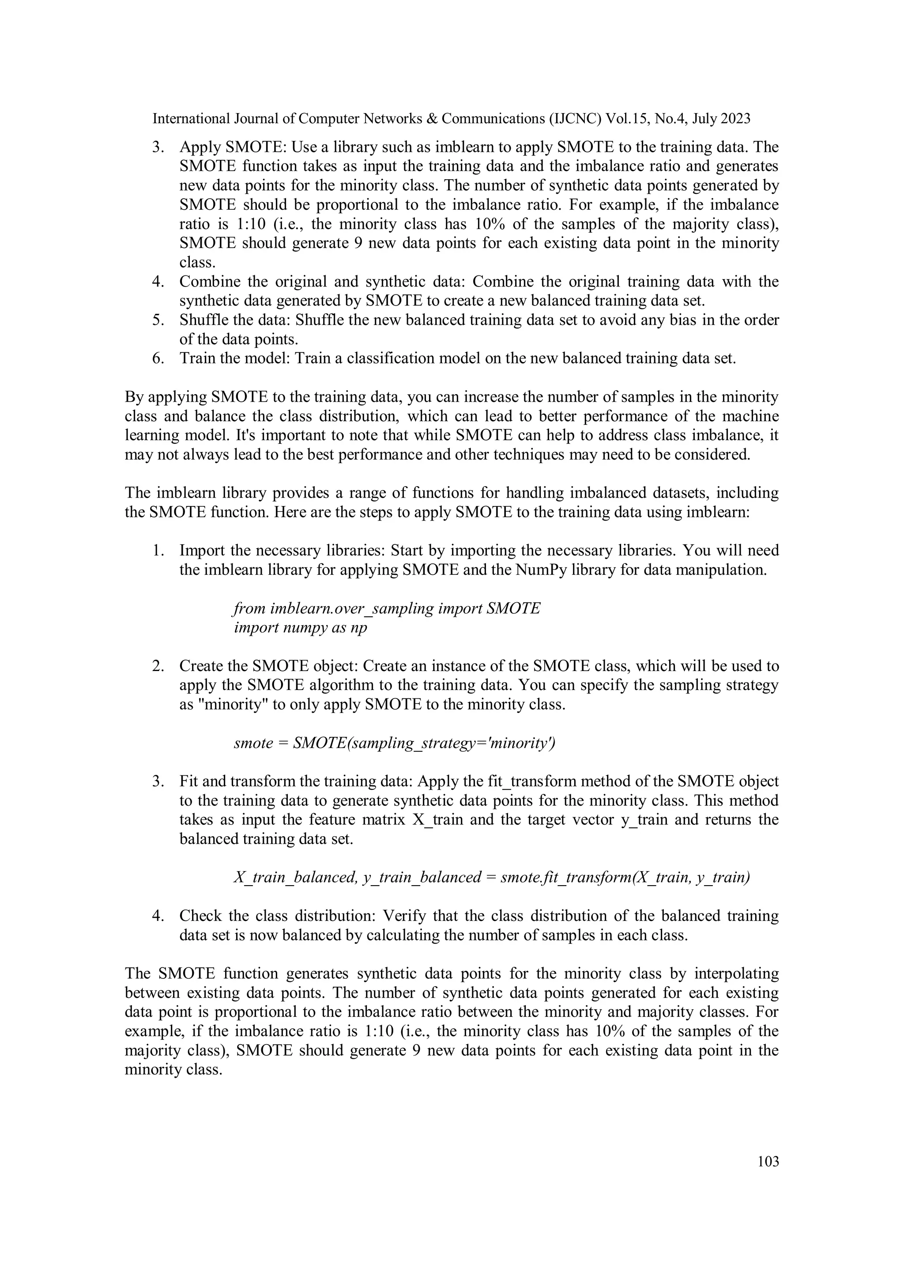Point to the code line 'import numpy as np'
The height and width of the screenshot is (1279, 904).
[300, 628]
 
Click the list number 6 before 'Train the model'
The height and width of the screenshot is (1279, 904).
[158, 358]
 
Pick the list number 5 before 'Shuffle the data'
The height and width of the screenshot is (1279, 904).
[158, 321]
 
